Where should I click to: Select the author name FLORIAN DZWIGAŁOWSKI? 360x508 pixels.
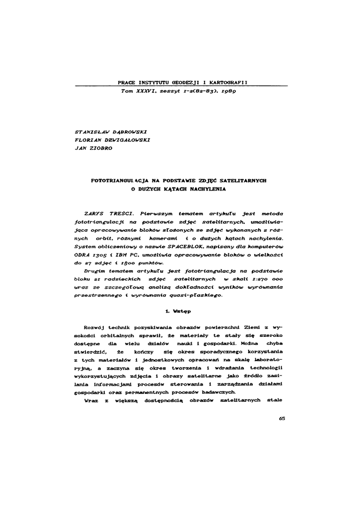click(112, 139)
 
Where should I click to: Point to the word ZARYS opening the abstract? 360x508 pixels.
click(94, 213)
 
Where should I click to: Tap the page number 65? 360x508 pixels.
click(282, 418)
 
